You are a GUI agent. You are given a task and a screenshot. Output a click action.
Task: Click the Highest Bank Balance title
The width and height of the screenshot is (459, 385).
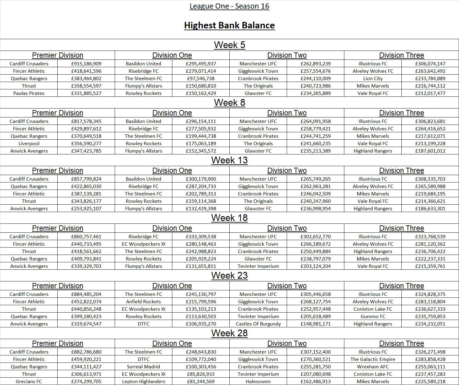click(x=229, y=25)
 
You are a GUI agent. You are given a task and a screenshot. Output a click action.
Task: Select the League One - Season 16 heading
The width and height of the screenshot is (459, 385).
click(x=229, y=6)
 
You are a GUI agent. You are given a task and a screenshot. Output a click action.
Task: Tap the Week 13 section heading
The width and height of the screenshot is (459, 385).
click(x=229, y=160)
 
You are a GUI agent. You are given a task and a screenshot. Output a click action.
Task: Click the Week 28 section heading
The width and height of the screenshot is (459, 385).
click(x=229, y=333)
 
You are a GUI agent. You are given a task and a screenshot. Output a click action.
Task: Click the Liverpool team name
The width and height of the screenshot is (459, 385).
click(x=29, y=144)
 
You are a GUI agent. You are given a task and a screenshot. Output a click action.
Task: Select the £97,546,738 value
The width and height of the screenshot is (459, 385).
click(x=201, y=79)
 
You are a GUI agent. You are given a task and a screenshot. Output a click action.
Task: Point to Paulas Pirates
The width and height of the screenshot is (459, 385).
click(x=29, y=93)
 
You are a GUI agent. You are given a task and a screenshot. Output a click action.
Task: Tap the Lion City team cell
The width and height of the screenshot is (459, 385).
click(x=373, y=79)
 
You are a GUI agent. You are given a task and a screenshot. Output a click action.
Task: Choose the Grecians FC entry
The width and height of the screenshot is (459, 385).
click(x=29, y=382)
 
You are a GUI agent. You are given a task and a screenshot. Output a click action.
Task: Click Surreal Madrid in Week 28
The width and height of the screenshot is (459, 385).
click(x=144, y=367)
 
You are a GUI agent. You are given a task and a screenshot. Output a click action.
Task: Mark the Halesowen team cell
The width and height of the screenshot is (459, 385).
click(x=258, y=382)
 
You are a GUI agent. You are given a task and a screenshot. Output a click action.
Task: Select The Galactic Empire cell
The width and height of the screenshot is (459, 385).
click(x=373, y=359)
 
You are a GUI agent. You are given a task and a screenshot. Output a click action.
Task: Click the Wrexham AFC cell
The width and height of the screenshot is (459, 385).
click(x=373, y=367)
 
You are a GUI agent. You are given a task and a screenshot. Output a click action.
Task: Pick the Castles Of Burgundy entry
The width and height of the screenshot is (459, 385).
click(x=258, y=324)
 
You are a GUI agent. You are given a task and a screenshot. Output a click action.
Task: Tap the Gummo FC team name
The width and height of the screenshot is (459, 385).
click(x=373, y=317)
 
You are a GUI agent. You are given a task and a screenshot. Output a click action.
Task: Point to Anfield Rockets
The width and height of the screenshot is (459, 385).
click(x=144, y=302)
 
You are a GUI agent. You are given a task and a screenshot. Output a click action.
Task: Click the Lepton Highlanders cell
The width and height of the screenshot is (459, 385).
click(x=144, y=382)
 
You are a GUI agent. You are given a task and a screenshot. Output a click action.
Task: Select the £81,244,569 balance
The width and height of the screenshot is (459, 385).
click(x=201, y=382)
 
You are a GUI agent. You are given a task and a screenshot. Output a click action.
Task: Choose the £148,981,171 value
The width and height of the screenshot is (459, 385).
click(x=316, y=324)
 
